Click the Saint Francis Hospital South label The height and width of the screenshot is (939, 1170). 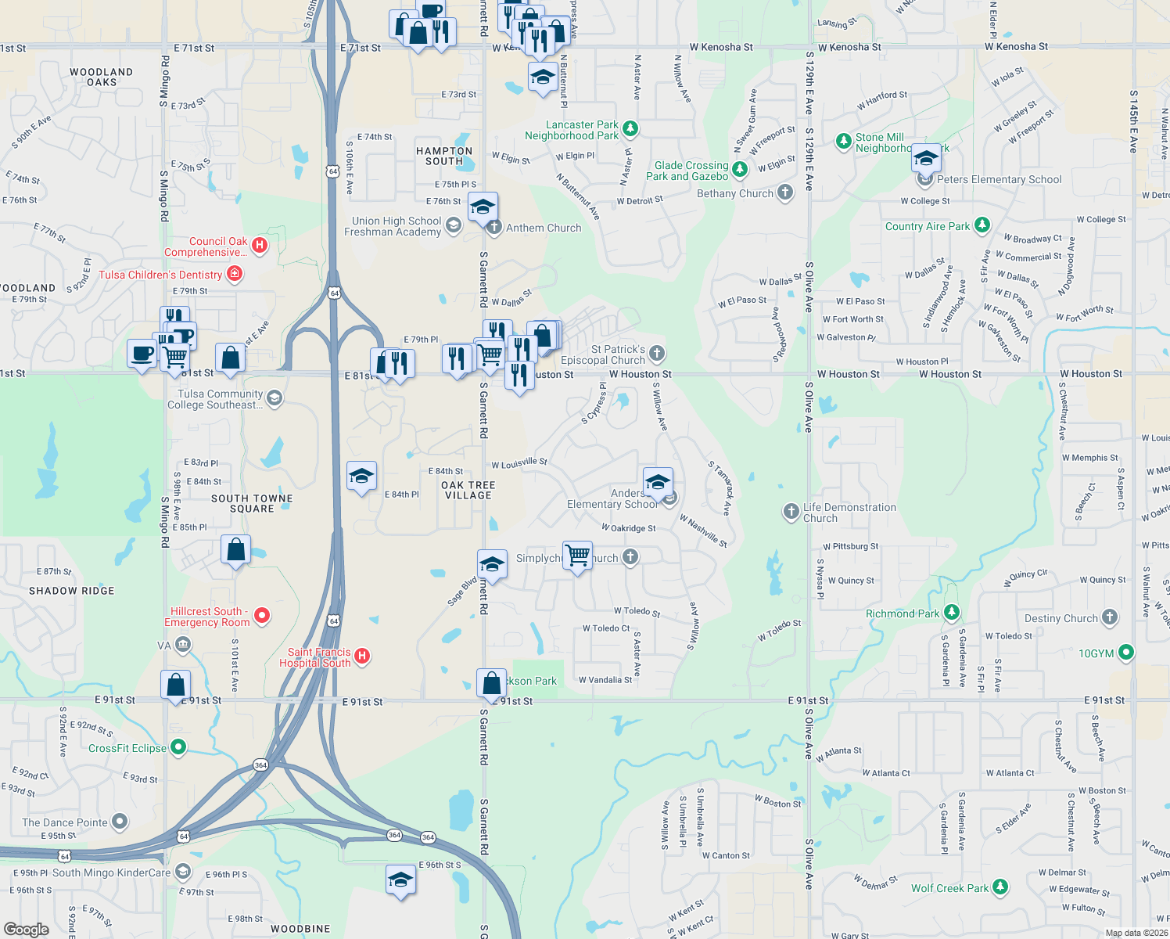tap(315, 657)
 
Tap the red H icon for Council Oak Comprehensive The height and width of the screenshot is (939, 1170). tap(260, 245)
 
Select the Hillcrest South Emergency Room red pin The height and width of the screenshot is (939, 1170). tap(263, 616)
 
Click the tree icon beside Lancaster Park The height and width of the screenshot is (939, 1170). tap(630, 128)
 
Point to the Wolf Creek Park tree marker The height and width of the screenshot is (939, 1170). tap(1000, 887)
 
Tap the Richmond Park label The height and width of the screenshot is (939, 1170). tap(903, 613)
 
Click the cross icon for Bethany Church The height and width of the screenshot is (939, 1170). tap(785, 193)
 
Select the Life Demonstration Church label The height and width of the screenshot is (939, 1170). tap(849, 513)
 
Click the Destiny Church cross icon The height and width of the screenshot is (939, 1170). tap(1110, 617)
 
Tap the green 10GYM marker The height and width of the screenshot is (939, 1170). tap(1126, 652)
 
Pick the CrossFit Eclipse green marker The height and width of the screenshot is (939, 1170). tap(178, 747)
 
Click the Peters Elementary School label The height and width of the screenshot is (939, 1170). tap(999, 179)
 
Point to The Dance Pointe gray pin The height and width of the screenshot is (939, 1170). tap(120, 822)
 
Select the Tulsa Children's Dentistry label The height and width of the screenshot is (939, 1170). tap(160, 275)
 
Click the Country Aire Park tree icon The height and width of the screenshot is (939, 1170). tap(982, 225)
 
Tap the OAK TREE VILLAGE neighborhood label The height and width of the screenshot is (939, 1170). tap(468, 490)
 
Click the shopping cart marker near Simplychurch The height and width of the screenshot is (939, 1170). tap(578, 556)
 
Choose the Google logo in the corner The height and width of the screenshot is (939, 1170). tap(26, 930)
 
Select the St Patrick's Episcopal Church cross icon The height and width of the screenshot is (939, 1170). tap(657, 354)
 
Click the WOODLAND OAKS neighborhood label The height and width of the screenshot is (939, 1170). tap(102, 77)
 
